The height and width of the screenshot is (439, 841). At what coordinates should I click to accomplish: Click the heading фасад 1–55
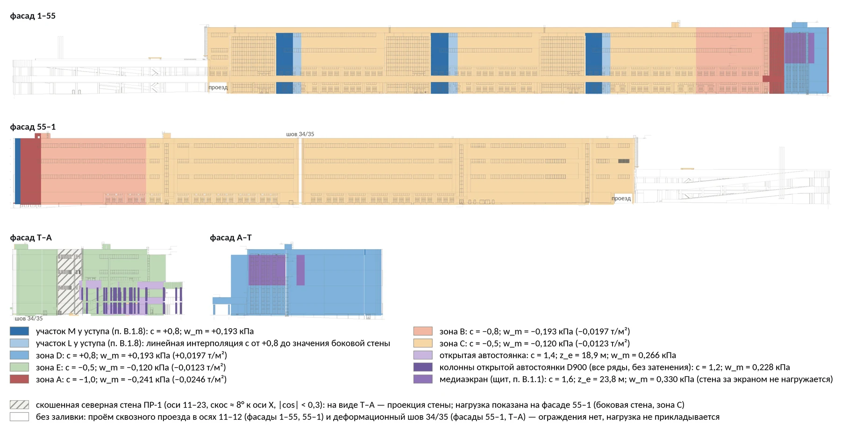(33, 16)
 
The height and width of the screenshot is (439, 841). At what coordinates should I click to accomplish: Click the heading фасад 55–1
(33, 127)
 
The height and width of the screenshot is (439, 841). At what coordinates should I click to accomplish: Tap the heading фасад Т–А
(31, 237)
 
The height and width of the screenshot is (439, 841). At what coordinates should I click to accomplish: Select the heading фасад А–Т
(231, 237)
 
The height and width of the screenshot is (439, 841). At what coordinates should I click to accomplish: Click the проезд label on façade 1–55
(218, 87)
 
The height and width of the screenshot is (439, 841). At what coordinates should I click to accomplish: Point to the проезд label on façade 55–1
(621, 198)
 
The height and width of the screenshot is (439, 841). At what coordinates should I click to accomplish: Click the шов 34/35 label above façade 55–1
(300, 134)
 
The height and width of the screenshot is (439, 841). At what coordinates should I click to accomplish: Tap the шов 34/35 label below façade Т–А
(29, 318)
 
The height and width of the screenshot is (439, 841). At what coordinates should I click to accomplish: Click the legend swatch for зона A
(19, 379)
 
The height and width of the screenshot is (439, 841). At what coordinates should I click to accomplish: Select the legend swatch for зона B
(423, 331)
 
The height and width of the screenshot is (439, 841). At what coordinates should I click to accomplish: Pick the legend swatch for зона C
(423, 343)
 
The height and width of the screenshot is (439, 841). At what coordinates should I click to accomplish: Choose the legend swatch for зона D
(19, 355)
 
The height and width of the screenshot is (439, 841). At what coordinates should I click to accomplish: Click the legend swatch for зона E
(19, 367)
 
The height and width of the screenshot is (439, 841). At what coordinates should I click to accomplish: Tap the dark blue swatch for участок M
(19, 331)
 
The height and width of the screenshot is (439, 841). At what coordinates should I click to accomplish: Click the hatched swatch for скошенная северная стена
(19, 405)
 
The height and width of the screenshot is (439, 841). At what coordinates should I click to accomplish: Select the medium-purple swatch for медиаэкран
(423, 379)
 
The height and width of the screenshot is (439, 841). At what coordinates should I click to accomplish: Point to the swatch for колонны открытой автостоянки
(423, 367)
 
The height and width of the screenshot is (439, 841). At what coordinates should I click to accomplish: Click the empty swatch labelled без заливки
(19, 417)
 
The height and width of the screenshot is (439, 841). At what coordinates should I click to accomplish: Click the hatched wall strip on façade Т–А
(70, 281)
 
